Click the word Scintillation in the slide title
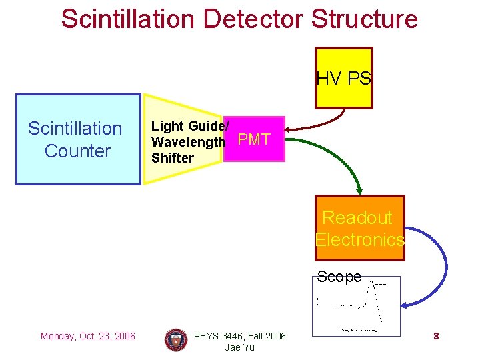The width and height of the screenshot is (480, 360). pos(128,19)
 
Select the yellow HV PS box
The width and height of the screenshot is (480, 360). pos(343,78)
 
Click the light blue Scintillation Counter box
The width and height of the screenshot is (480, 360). pos(78,139)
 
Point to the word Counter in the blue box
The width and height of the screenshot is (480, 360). pos(77,151)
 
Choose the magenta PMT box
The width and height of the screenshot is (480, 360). pos(254,139)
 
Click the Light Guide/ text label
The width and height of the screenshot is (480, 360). pos(190,125)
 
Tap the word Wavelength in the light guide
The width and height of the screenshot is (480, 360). pos(188,142)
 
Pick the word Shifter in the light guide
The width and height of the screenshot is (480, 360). pos(172,158)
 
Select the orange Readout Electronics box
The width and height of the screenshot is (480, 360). pos(359,229)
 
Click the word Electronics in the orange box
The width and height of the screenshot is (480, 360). pos(360,240)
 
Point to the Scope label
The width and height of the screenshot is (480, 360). pos(339,276)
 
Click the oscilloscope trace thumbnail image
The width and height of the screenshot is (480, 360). pos(356,305)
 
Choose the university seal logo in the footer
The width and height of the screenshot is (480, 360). pos(176,340)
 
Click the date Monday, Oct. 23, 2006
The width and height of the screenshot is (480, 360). pos(87,336)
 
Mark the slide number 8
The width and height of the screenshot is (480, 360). pos(436,336)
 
